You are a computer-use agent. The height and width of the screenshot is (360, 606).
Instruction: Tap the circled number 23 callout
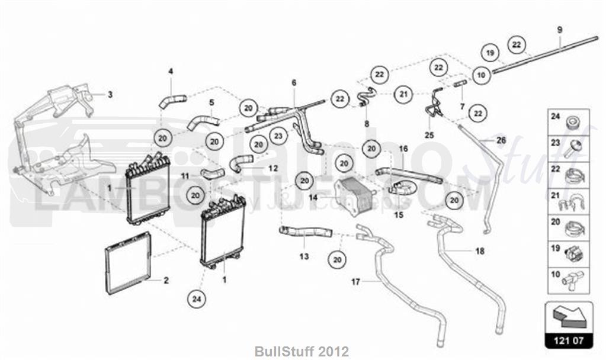click(x=277, y=136)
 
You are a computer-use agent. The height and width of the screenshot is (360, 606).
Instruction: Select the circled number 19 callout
click(x=490, y=53)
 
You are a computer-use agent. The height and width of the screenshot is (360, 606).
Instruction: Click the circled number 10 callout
click(x=481, y=75)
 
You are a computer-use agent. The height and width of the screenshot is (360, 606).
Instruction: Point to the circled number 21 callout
click(x=403, y=93)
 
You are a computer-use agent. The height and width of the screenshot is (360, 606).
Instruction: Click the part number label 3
click(x=109, y=94)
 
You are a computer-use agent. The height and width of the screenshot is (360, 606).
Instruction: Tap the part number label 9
click(x=559, y=30)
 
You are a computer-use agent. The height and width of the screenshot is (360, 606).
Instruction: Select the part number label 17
click(x=355, y=282)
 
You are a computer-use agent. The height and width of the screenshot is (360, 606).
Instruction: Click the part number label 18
click(x=479, y=251)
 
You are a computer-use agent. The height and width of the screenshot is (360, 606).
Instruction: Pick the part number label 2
click(x=166, y=280)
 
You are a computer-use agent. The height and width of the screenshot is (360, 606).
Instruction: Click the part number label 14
click(x=313, y=197)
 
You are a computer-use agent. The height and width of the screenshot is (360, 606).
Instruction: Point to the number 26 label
click(x=501, y=140)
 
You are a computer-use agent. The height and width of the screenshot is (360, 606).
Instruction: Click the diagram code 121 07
click(x=569, y=340)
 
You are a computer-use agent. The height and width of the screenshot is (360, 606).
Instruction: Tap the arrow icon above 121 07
click(x=568, y=316)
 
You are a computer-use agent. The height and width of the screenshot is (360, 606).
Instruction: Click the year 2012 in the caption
click(x=336, y=351)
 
